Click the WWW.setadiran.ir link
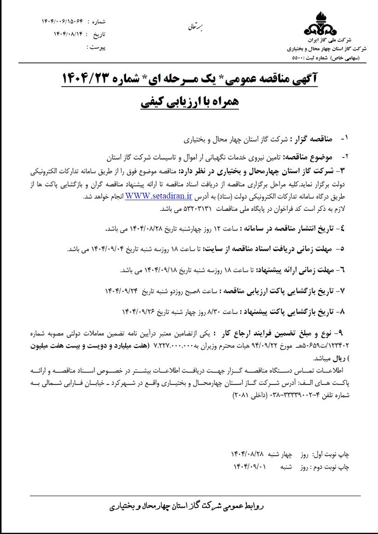coord(158,196)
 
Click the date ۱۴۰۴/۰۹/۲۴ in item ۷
coord(118,291)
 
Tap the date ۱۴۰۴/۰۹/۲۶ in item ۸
coord(139,312)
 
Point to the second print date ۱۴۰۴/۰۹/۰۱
coord(250,467)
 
